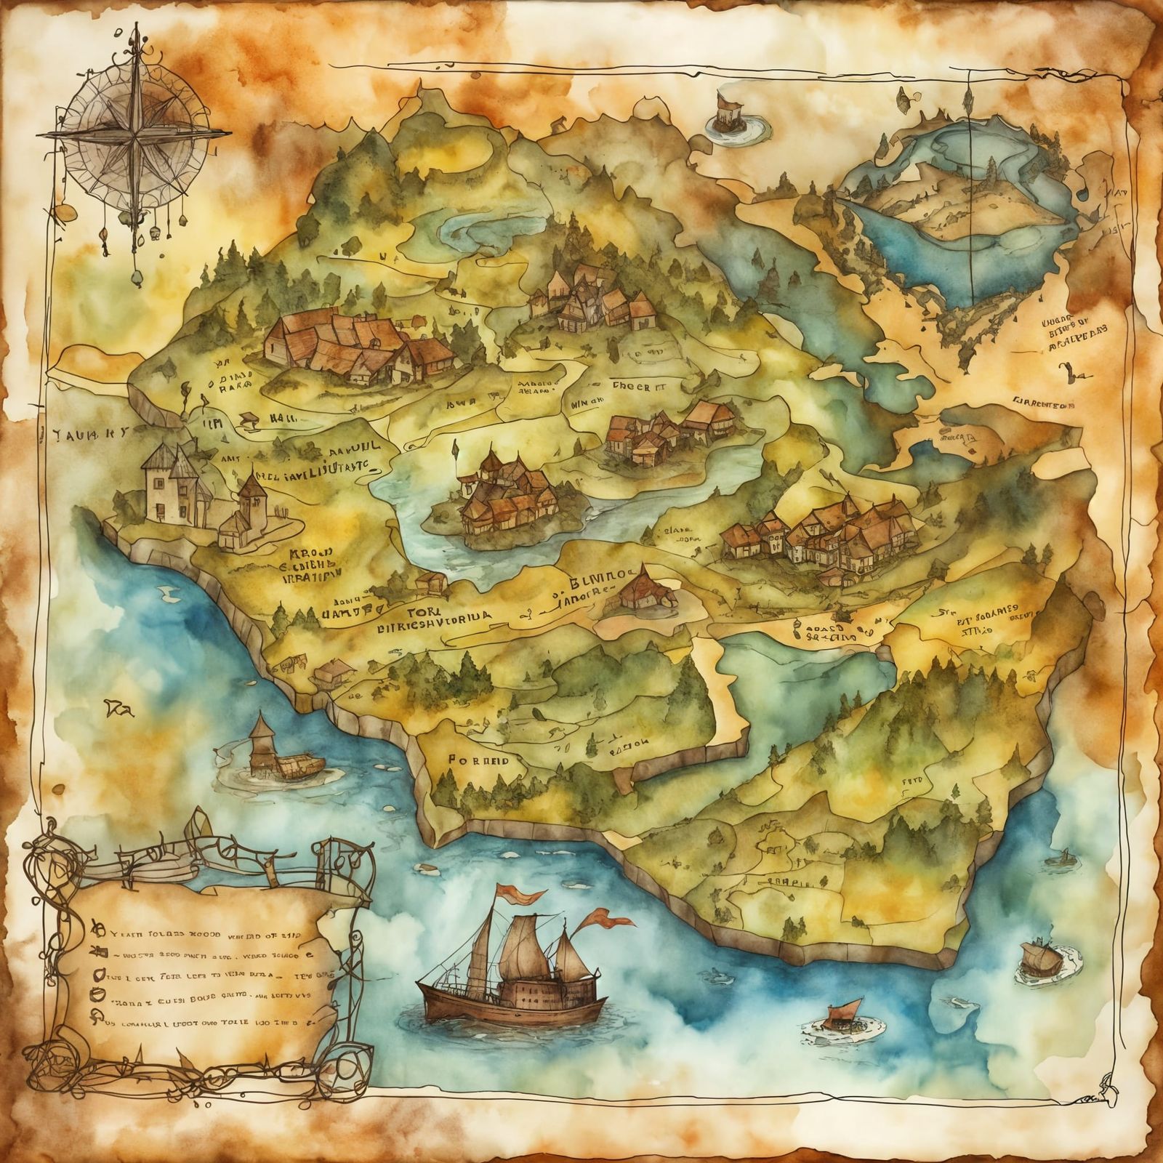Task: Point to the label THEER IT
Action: [x=640, y=387]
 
